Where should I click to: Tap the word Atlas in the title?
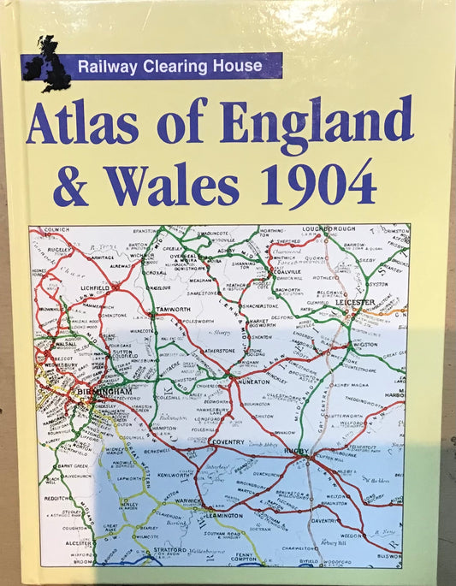(x=82, y=123)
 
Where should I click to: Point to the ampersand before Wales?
(x=71, y=184)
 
